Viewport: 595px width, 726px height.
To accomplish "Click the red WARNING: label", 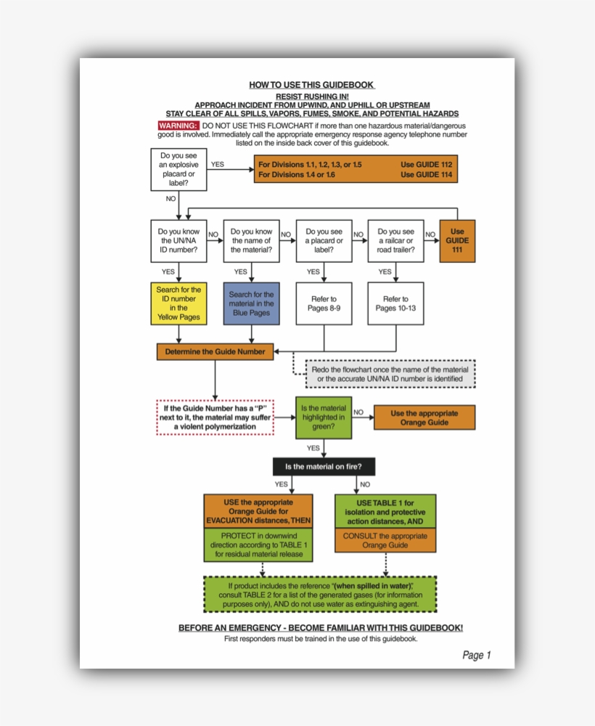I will (x=178, y=126).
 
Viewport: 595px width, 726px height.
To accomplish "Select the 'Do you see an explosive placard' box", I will (x=178, y=169).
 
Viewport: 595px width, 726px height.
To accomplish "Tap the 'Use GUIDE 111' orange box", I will (x=457, y=240).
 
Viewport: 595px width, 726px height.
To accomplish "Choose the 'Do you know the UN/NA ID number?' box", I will (x=178, y=240).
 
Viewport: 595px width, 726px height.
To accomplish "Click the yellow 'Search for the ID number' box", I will (x=178, y=303).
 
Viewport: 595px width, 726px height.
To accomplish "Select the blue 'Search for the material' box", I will (x=251, y=303).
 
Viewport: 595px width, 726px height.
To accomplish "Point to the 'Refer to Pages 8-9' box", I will (x=324, y=303).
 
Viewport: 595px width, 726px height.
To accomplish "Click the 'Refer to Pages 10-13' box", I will (x=395, y=303).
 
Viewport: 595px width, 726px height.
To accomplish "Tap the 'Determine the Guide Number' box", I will (x=215, y=351).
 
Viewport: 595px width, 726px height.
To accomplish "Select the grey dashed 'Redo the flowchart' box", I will (x=390, y=374).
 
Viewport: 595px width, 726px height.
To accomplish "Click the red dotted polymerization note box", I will (x=215, y=417).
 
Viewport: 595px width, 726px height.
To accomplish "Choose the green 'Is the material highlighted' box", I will (x=323, y=417).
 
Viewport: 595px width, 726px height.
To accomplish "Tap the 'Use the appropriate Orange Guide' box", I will (x=424, y=417).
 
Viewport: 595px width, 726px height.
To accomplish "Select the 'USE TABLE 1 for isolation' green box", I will (x=385, y=513).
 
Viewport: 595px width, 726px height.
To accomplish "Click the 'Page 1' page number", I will (x=477, y=655).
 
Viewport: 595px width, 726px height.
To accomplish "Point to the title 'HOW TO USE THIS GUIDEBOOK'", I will (x=311, y=85).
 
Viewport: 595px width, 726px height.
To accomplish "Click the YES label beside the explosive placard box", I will (x=217, y=164).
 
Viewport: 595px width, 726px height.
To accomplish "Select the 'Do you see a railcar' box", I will (x=395, y=240).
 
